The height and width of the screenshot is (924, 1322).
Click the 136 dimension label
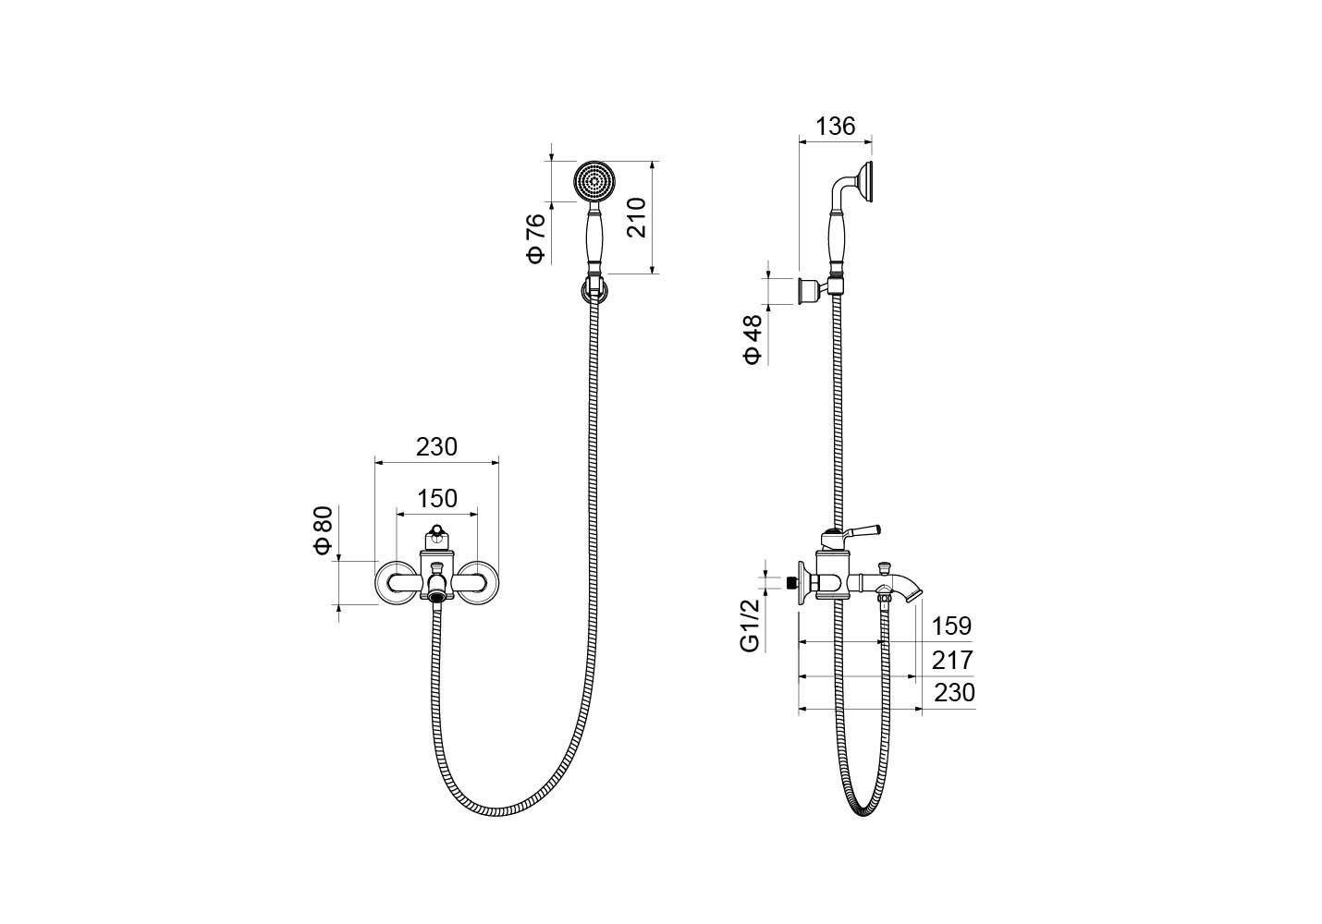835,126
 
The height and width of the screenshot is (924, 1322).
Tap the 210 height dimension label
636,217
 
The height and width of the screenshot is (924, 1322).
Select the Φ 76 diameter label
536,239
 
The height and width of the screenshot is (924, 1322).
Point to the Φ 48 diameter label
753,339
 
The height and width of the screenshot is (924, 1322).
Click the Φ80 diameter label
324,530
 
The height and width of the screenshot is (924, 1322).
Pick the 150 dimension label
437,499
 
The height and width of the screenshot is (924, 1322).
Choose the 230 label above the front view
436,447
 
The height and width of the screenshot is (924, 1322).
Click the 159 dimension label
951,626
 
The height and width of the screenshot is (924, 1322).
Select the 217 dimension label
952,661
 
